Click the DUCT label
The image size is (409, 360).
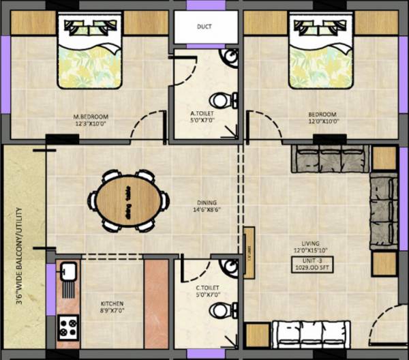pos(204,27)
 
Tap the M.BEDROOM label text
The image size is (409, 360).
pos(91,116)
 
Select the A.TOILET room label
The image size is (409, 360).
pos(203,113)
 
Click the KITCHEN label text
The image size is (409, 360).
pos(112,303)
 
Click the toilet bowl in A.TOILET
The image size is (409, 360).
pos(224,100)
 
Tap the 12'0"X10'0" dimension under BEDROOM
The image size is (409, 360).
pos(322,122)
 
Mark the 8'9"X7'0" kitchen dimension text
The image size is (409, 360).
pos(112,312)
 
